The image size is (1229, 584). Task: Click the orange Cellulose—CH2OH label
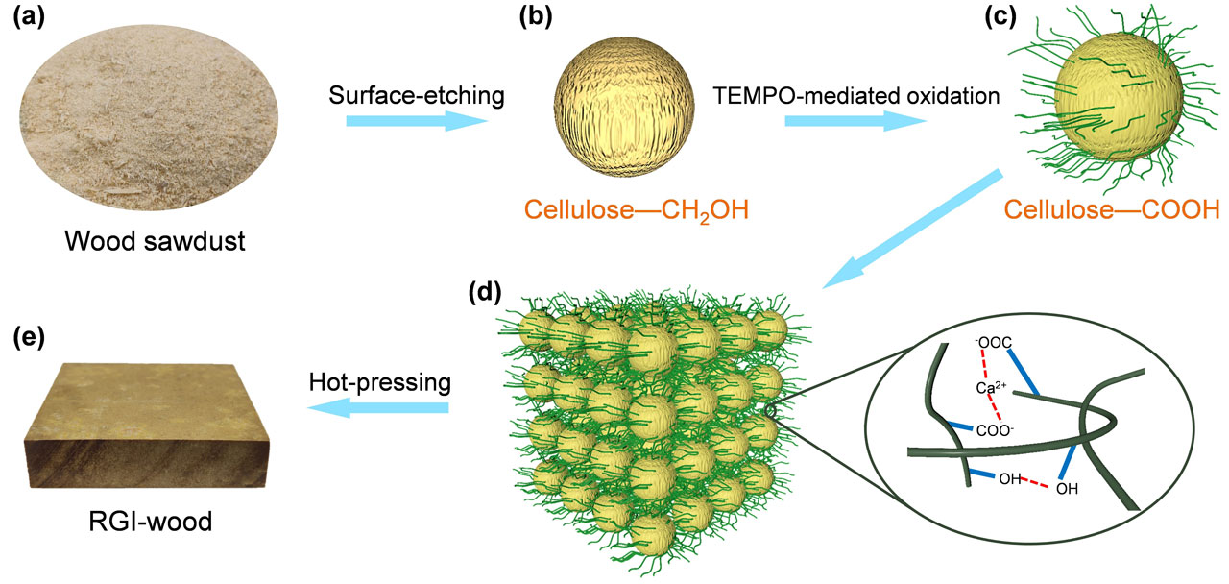click(x=632, y=208)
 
